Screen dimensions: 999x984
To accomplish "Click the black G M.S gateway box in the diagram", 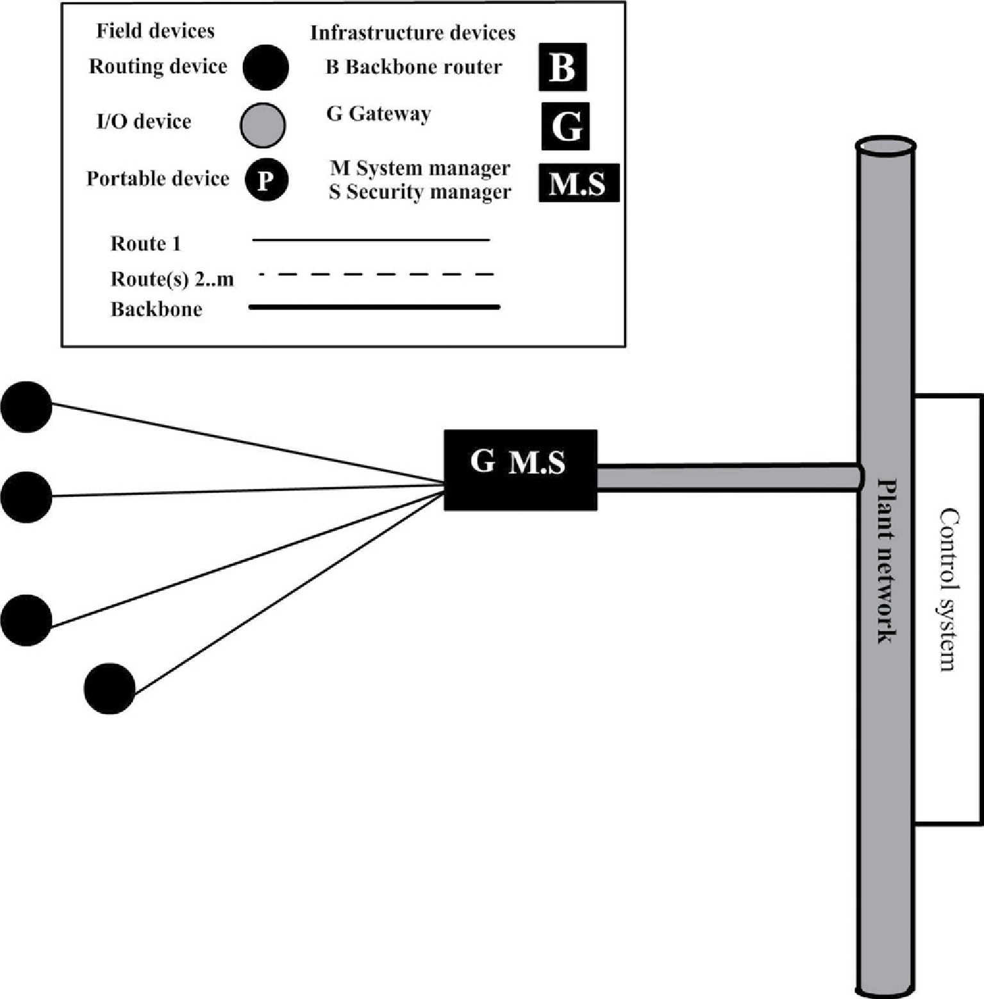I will tap(520, 470).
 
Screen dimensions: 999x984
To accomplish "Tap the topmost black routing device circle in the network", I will tap(26, 407).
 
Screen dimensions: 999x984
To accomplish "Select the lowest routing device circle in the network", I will tap(110, 689).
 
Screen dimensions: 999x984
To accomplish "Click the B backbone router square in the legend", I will tap(562, 67).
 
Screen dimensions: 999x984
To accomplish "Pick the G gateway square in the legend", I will tap(565, 126).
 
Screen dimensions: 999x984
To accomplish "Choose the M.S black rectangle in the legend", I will tap(578, 183).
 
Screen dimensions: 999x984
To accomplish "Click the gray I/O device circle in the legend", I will tap(263, 124).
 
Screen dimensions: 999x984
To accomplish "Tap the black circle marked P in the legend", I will tap(266, 180).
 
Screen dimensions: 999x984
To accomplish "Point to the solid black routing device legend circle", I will tap(266, 67).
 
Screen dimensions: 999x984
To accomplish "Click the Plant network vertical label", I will tap(886, 561).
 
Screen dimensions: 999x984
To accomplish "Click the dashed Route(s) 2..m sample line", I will tap(376, 275).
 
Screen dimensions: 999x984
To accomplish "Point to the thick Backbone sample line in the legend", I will tap(374, 307).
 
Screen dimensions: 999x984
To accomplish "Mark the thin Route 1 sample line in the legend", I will tap(371, 240).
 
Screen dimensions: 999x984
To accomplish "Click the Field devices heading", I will tap(155, 31).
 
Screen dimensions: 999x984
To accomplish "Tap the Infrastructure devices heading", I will tap(413, 33).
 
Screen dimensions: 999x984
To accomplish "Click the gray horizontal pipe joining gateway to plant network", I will tap(728, 478).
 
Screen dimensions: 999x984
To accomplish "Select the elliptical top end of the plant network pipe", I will tap(885, 146).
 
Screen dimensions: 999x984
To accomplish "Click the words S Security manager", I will tap(420, 192).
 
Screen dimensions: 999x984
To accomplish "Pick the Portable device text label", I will tap(158, 178).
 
